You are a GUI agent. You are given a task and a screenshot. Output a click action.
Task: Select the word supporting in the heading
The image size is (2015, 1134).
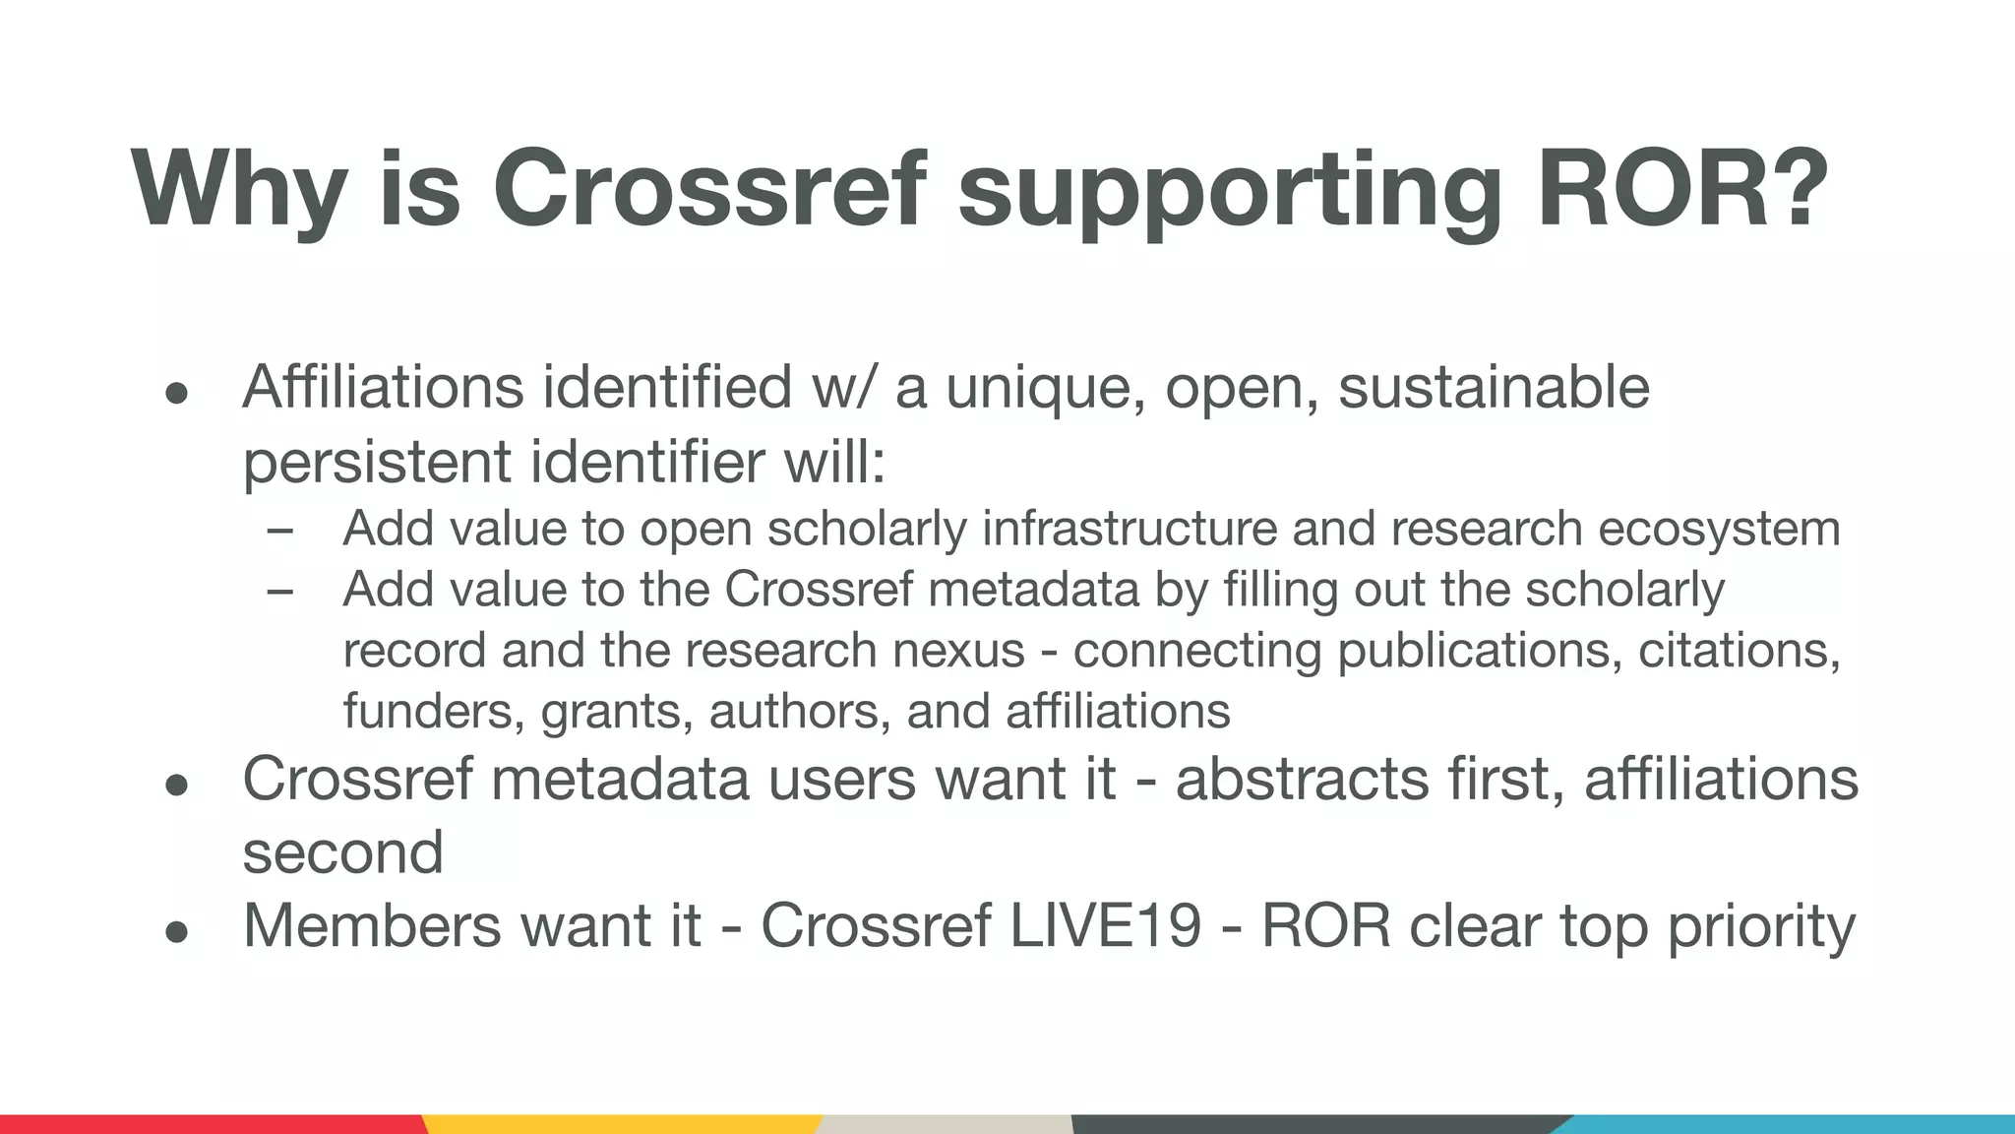click(x=1230, y=189)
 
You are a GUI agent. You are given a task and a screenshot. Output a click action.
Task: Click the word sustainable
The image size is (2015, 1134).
click(x=1494, y=388)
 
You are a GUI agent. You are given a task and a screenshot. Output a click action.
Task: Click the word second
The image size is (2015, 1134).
click(x=342, y=851)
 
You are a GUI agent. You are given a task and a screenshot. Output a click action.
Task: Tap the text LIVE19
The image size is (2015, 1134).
click(x=1105, y=926)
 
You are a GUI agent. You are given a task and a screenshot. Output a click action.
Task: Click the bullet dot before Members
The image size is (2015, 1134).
click(x=176, y=930)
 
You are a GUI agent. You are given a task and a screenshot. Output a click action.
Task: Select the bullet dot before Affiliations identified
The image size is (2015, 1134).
click(x=176, y=393)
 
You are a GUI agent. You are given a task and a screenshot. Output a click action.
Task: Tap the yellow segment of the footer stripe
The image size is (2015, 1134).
click(x=620, y=1124)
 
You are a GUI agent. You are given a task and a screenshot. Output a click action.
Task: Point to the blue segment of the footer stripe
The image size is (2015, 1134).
click(x=1791, y=1124)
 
